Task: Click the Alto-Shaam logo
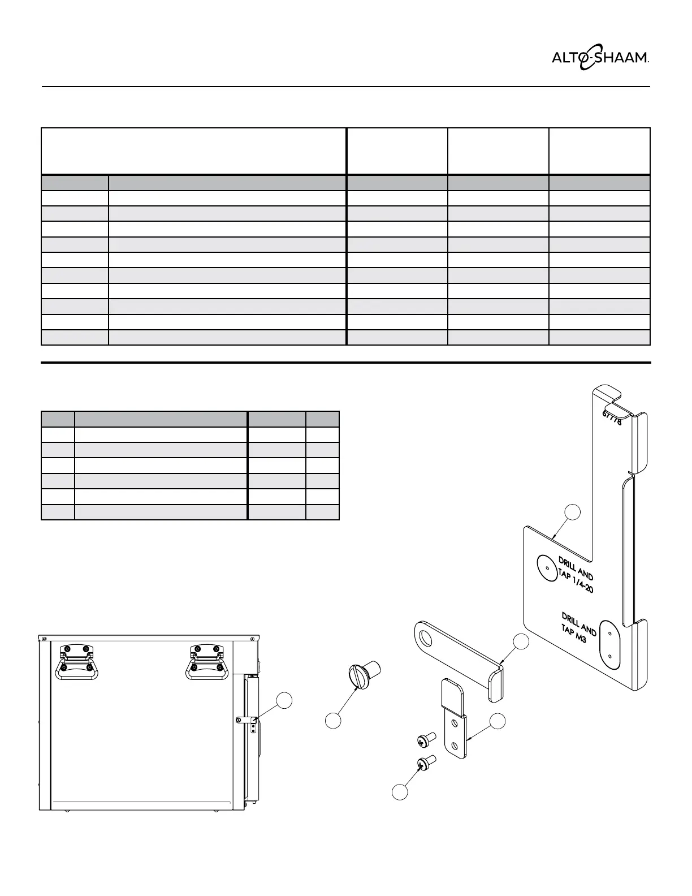point(600,58)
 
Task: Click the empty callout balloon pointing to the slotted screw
point(333,721)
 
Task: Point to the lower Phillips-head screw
point(426,763)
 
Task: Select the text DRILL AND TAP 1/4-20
point(576,574)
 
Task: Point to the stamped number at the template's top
point(612,417)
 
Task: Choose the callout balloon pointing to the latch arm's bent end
point(520,641)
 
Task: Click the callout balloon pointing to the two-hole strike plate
point(497,721)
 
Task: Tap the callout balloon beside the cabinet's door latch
point(284,700)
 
